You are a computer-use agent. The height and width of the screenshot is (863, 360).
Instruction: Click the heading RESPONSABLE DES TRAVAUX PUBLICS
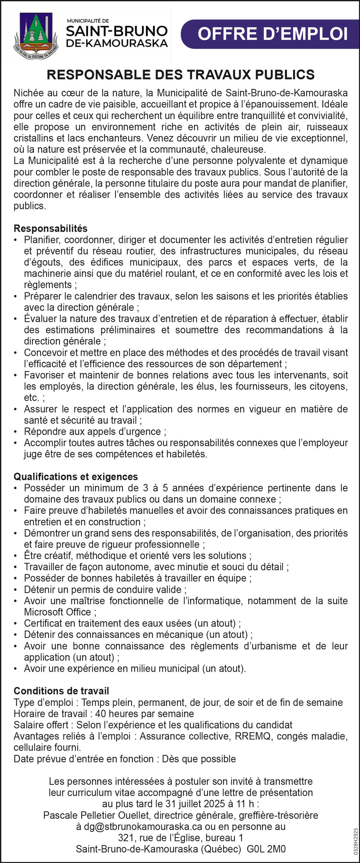[x=180, y=75]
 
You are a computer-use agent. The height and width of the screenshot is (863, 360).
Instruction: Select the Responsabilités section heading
[x=51, y=228]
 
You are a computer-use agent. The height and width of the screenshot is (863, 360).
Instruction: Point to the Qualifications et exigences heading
[x=76, y=477]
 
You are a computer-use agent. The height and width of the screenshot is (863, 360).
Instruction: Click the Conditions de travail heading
[x=61, y=691]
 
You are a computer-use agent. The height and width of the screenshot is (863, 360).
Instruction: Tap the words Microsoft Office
[x=57, y=612]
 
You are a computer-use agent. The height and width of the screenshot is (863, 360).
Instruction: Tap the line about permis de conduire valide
[x=105, y=590]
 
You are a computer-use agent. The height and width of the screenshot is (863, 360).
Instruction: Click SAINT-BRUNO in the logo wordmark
[x=117, y=31]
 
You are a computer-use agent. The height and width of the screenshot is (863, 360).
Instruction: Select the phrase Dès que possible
[x=199, y=759]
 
